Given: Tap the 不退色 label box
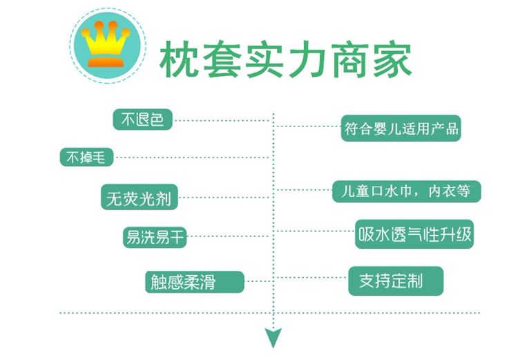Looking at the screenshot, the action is point(143,120).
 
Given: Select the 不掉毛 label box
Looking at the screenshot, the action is point(86,158).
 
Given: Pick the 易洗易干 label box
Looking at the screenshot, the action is point(154,237).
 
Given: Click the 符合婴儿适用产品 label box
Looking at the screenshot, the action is point(401,129).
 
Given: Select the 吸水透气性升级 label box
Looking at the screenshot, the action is point(414,235).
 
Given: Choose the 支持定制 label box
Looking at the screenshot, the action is point(395,281).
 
